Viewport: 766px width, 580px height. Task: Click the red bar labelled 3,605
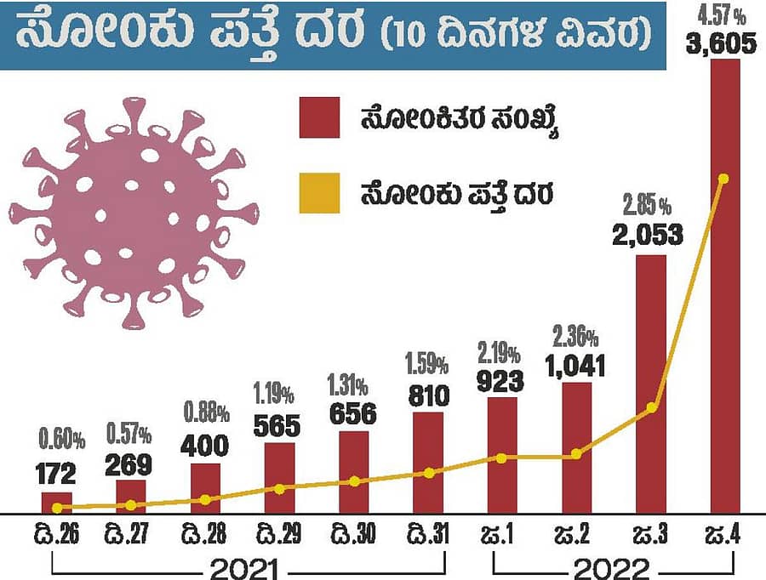(725, 289)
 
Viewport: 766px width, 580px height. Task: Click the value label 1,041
(575, 367)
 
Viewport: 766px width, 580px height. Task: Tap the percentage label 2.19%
(500, 350)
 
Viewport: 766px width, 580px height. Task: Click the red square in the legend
(319, 117)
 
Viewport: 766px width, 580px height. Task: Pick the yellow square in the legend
(319, 193)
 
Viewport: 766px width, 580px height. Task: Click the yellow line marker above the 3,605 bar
(723, 179)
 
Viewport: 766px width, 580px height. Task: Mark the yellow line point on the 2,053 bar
(650, 407)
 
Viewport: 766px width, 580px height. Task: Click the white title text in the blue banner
(332, 34)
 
